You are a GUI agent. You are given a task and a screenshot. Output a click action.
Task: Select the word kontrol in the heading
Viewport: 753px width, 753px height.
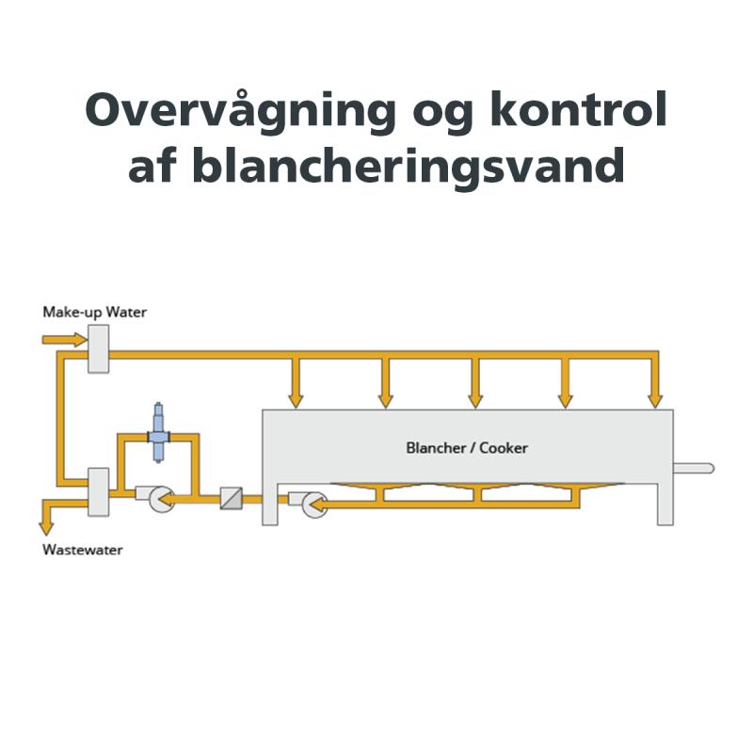pyautogui.click(x=578, y=109)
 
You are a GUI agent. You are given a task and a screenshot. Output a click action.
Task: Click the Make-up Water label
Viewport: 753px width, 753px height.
pyautogui.click(x=95, y=312)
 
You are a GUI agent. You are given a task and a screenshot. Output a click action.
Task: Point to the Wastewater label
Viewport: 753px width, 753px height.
pyautogui.click(x=83, y=550)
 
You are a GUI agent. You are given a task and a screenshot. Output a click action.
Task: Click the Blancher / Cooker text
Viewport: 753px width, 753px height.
pyautogui.click(x=467, y=448)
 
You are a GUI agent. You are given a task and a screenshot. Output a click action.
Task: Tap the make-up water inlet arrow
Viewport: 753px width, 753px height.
pyautogui.click(x=65, y=340)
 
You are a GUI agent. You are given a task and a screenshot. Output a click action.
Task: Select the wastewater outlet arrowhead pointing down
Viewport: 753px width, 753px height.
pyautogui.click(x=46, y=528)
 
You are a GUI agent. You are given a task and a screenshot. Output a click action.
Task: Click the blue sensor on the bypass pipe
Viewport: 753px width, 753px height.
pyautogui.click(x=158, y=433)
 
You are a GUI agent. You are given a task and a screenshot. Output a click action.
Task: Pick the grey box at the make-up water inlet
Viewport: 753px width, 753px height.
pyautogui.click(x=99, y=348)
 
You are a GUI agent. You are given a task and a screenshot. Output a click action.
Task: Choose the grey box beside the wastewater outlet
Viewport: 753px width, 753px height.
pyautogui.click(x=99, y=491)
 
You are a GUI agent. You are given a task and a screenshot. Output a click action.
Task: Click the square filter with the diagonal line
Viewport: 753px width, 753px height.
pyautogui.click(x=231, y=498)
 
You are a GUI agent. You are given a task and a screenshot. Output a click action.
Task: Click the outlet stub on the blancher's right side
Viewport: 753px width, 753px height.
pyautogui.click(x=694, y=468)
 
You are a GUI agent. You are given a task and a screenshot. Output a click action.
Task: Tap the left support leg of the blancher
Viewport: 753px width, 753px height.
pyautogui.click(x=270, y=505)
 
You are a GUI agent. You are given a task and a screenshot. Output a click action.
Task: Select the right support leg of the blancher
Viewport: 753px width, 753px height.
pyautogui.click(x=665, y=505)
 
